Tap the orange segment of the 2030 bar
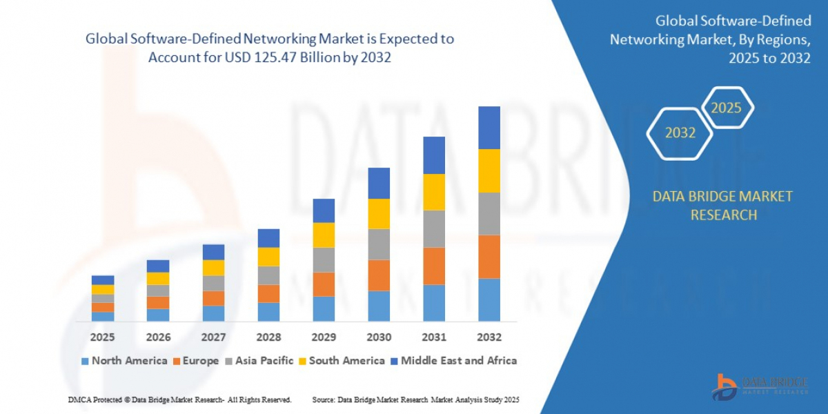[378, 275]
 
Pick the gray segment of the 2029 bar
[324, 259]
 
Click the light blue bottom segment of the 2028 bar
[268, 312]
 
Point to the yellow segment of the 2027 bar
[213, 268]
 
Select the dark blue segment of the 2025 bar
[103, 280]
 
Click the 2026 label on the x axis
[158, 337]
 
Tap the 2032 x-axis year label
[489, 337]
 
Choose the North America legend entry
[124, 360]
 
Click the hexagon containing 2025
[726, 108]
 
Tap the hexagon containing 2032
[680, 133]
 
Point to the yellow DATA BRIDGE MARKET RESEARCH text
[722, 206]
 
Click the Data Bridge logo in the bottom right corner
[760, 386]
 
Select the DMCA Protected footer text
[179, 400]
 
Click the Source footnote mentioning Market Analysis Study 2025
[415, 400]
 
